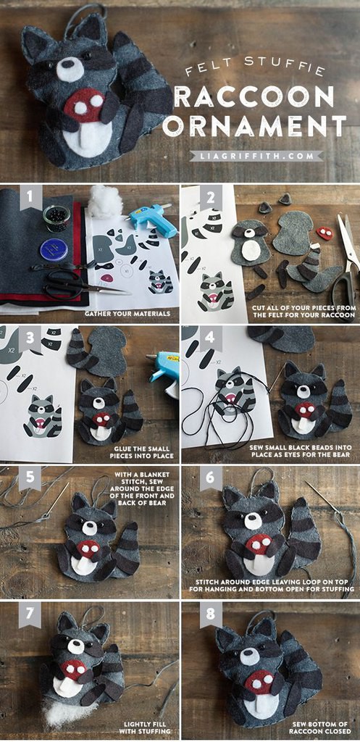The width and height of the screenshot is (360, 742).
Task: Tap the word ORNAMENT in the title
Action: (x=258, y=126)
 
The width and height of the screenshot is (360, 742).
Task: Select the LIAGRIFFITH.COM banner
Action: (x=256, y=156)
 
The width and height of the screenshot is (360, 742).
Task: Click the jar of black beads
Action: (x=56, y=218)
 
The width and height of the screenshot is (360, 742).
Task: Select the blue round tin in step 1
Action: (x=54, y=249)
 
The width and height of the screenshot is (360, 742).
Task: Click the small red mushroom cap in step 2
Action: (x=325, y=233)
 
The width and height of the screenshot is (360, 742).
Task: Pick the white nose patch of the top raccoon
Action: (x=70, y=70)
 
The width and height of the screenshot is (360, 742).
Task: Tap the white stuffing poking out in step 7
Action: (x=66, y=712)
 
